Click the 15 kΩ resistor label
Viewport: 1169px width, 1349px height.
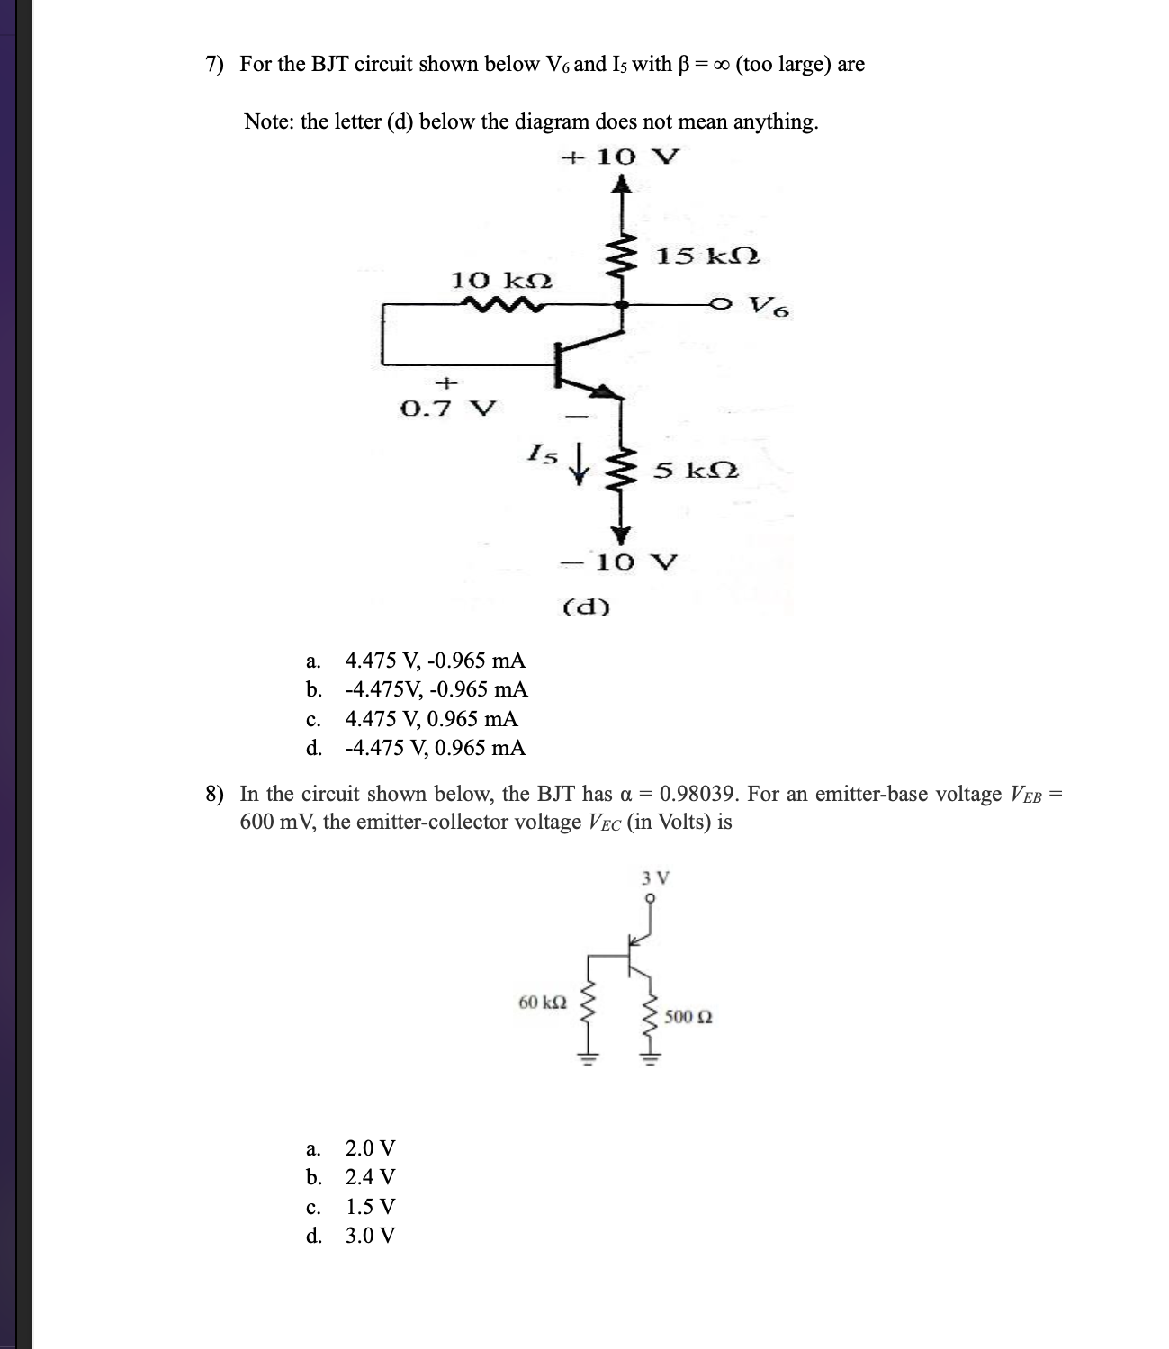coord(707,256)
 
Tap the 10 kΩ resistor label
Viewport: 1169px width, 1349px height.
coord(501,280)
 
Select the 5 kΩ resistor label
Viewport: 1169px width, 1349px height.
coord(697,470)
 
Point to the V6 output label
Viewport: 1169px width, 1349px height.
coord(770,308)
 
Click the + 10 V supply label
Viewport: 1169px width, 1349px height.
coord(621,157)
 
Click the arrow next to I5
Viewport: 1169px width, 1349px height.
coord(581,465)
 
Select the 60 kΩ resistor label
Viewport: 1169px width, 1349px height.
coord(543,1002)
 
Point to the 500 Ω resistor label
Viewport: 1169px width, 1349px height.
coord(689,1017)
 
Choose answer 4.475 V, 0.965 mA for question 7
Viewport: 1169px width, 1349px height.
coord(431,719)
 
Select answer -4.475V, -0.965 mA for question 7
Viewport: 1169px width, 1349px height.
coord(436,689)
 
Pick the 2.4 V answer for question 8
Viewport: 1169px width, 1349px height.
coord(370,1177)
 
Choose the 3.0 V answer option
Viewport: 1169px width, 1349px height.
coord(370,1235)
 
